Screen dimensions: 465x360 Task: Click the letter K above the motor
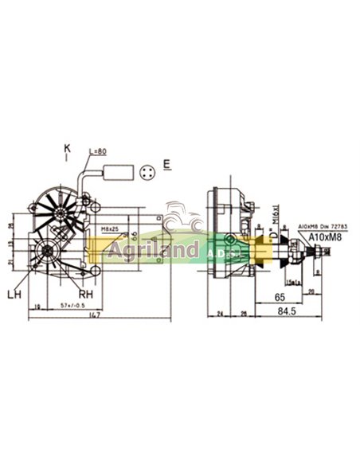point(67,148)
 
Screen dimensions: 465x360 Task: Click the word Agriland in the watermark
point(151,252)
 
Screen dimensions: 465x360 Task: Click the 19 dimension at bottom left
point(37,305)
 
